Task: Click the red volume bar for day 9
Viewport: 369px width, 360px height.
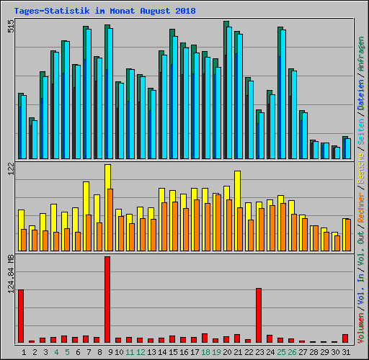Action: tap(107, 300)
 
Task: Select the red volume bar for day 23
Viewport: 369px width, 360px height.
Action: tap(259, 315)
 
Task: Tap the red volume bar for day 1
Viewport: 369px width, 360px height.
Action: tap(21, 316)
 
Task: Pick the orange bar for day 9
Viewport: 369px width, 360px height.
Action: tap(110, 220)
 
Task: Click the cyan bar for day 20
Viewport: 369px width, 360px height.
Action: tap(229, 93)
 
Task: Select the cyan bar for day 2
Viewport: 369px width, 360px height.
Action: tap(35, 140)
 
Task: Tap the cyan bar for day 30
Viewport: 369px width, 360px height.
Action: tap(337, 153)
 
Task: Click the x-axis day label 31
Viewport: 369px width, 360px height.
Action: tap(346, 352)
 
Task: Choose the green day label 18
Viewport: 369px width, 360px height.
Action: tap(205, 352)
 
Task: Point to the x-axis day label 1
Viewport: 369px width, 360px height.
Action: tap(24, 352)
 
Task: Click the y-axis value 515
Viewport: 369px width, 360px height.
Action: tap(11, 27)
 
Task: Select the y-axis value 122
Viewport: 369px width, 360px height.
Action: tap(11, 168)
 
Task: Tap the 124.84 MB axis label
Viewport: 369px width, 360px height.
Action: tap(11, 274)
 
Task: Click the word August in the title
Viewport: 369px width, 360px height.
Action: tap(155, 11)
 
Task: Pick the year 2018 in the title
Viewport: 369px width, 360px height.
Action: tap(185, 11)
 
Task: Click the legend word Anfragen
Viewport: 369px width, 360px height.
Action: tap(361, 54)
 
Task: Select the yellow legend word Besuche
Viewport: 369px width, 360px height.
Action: tap(361, 168)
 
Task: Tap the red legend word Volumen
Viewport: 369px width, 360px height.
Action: tap(361, 328)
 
